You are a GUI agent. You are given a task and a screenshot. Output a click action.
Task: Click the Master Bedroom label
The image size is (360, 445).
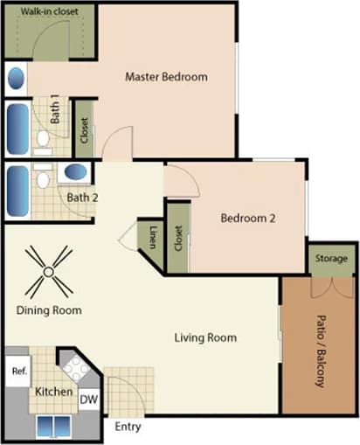pos(166,77)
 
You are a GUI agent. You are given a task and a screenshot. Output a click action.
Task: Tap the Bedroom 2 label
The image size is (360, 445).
pos(247,219)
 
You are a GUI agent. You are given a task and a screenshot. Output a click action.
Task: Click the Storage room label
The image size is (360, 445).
pos(332,259)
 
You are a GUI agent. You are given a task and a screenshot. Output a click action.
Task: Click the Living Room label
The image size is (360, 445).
pos(205,337)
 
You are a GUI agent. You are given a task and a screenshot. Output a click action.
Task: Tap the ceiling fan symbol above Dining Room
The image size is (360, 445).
pos(48,271)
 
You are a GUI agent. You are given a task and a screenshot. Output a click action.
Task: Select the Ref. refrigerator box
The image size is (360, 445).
pos(18,371)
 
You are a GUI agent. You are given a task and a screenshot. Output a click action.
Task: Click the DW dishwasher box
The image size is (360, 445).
pos(89,399)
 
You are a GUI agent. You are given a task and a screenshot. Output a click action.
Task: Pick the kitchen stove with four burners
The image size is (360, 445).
pos(73,368)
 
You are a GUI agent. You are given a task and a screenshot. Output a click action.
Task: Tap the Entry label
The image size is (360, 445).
pos(127,427)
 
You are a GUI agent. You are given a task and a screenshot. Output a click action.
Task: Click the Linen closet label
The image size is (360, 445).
pos(152,236)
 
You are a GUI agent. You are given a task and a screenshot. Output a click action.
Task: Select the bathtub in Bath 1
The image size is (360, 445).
pos(17,129)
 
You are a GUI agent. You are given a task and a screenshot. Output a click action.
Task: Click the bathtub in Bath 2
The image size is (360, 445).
pos(17,192)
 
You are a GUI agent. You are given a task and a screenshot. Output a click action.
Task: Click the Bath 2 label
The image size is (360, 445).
pos(82,198)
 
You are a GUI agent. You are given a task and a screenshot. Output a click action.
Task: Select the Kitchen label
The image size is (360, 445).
pos(53,392)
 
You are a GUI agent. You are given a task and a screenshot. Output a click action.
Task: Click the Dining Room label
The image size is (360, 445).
pos(49,310)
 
